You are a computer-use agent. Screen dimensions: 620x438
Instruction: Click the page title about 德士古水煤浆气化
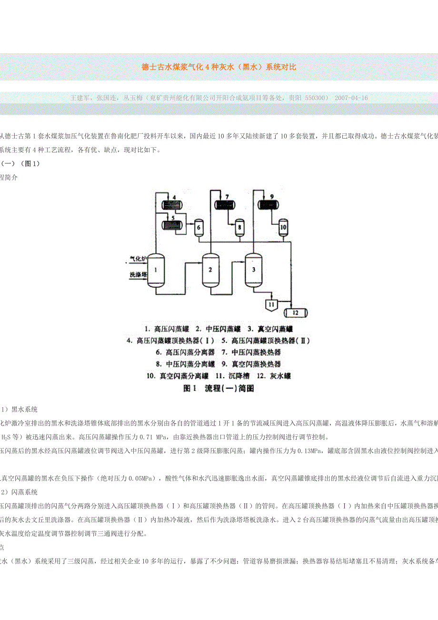pos(219,67)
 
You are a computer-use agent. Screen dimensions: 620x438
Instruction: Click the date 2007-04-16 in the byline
pos(351,98)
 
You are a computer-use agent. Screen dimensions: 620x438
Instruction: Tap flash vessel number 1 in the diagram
pos(156,270)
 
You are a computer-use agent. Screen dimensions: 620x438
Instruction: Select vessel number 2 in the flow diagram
pos(210,270)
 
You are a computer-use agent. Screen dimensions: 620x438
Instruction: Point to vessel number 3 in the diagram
pos(254,270)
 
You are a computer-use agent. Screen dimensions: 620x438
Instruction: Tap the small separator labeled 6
pos(199,228)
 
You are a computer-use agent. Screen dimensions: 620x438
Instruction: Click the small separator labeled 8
pos(240,228)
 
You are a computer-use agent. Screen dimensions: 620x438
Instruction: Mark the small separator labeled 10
pos(283,227)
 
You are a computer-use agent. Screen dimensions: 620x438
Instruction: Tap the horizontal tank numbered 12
pos(295,313)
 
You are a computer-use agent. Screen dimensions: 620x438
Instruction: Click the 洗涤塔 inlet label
pos(138,275)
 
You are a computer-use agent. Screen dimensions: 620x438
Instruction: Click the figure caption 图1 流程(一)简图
pos(219,388)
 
